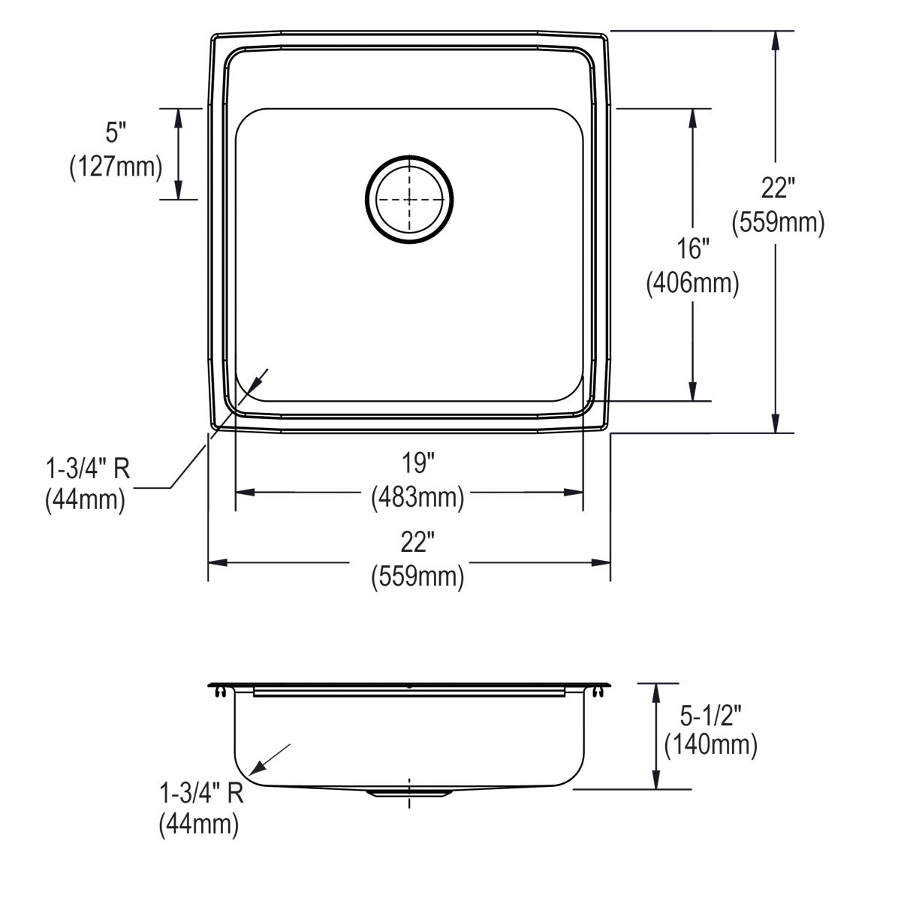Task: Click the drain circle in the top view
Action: [x=409, y=200]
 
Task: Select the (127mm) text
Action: [x=116, y=167]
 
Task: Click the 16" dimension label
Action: [x=692, y=249]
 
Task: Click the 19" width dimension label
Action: [x=417, y=464]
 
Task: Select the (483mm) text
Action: [x=417, y=496]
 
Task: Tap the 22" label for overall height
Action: [x=778, y=188]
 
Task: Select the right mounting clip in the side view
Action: [x=598, y=691]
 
